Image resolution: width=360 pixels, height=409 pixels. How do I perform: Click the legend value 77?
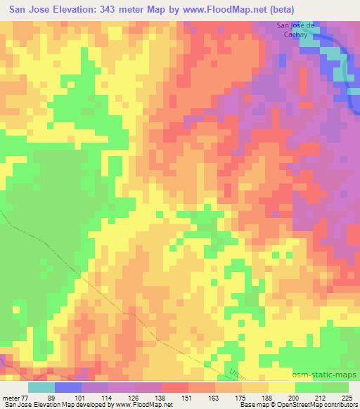tap(27, 397)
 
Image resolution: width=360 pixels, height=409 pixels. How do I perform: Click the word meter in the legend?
tap(11, 397)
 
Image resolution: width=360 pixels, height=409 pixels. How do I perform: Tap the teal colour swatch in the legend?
tap(41, 387)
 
